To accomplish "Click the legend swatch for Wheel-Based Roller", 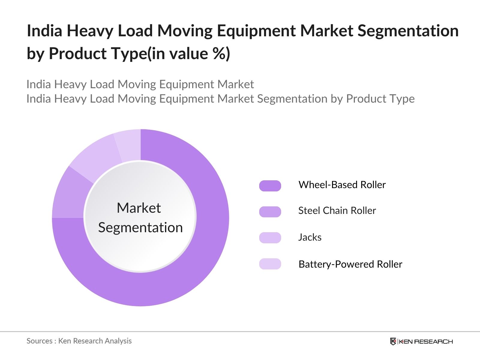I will coord(270,186).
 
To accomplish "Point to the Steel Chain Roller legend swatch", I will coord(270,211).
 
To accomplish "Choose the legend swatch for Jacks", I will coord(270,238).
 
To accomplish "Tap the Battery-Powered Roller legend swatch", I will coord(270,264).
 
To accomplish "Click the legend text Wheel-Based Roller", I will coord(342,185).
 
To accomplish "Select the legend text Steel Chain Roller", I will coord(337,211).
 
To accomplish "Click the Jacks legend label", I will coord(310,237).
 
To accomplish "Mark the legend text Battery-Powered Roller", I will coord(350,264).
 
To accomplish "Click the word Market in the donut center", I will coord(139,208).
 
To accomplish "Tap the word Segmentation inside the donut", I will coord(140,228).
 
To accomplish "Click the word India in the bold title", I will coord(44,31).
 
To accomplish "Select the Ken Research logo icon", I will coord(393,341).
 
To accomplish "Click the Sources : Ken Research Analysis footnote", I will coord(79,341).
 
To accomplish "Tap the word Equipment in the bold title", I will coord(256,31).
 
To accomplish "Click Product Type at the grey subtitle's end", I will coord(380,99).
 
